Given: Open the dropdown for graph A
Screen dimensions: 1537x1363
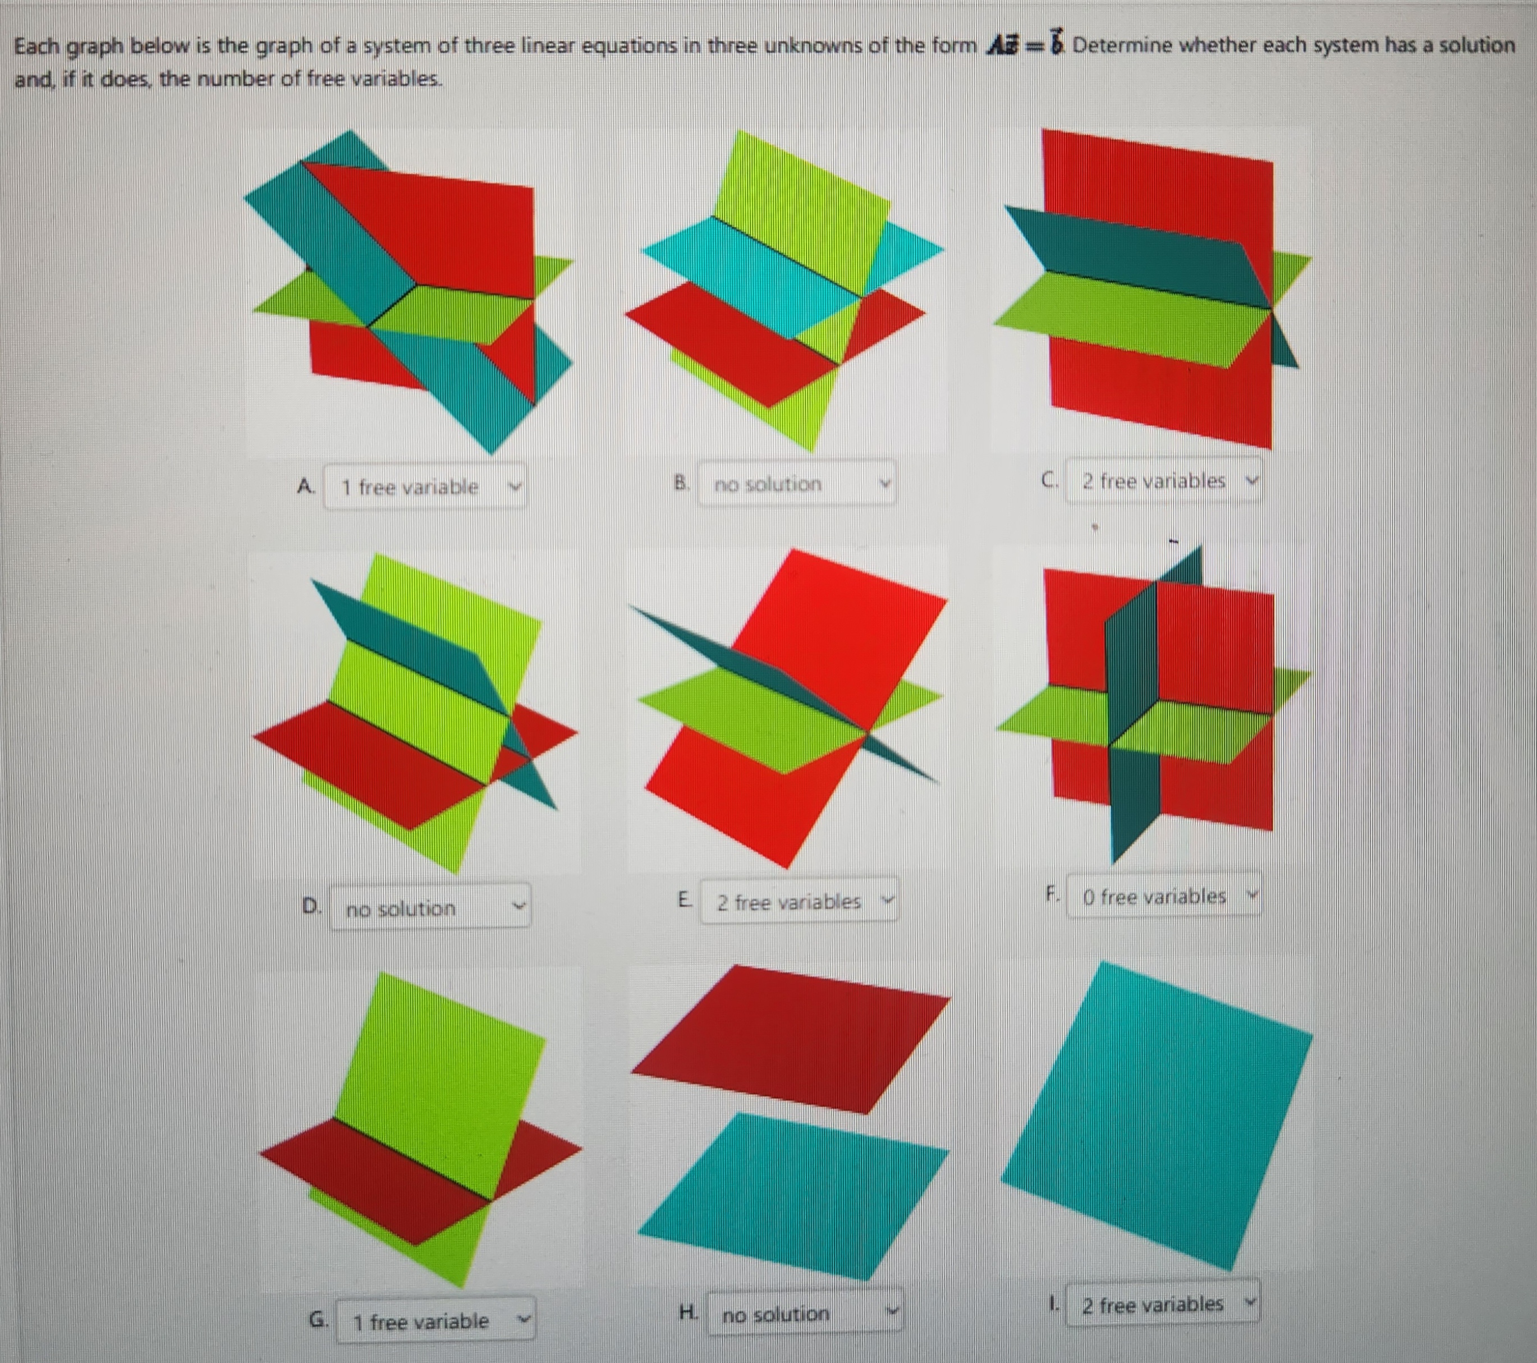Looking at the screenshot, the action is [425, 487].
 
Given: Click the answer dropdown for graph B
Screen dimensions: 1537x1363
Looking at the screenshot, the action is [796, 483].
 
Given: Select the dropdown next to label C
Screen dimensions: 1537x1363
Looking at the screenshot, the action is [1163, 480].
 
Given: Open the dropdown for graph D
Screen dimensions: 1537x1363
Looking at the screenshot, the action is [429, 907].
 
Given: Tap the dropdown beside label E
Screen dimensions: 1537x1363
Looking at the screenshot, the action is [799, 901].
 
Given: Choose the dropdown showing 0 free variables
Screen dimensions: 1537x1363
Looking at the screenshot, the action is [1163, 896].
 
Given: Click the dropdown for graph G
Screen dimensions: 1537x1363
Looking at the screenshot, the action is [435, 1320].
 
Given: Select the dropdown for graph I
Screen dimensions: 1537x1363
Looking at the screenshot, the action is [1163, 1304].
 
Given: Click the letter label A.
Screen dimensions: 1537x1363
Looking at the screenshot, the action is [305, 485].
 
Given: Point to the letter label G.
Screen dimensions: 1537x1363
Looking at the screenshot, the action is [318, 1319].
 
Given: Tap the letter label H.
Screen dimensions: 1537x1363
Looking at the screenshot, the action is [686, 1312].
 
